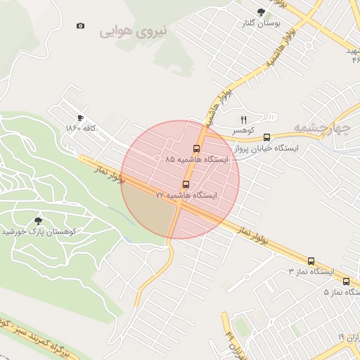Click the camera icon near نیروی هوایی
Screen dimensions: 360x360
[81, 26]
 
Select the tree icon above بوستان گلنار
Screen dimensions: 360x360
[262, 12]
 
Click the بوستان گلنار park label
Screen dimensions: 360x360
[260, 23]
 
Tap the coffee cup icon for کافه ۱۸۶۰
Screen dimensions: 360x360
[80, 117]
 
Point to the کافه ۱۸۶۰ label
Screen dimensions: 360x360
[80, 128]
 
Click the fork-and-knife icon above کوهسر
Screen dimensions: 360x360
[244, 120]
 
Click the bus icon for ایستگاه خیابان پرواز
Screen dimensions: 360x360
[266, 138]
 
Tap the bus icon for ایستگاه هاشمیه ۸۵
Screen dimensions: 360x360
[196, 148]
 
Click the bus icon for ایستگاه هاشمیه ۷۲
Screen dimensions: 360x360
[186, 184]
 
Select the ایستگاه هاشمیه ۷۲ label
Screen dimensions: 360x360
[186, 195]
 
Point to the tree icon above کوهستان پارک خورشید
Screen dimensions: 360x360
[38, 220]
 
